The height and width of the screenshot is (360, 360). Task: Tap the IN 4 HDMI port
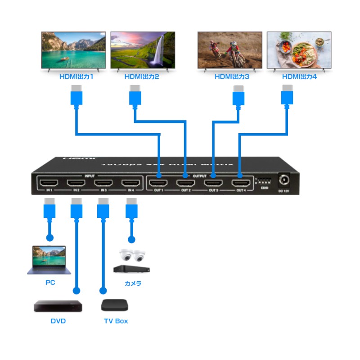[x=131, y=183]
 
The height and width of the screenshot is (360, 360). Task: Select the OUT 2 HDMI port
[x=185, y=183]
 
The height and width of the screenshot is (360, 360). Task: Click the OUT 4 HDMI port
[x=241, y=183]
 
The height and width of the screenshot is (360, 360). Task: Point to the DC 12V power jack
[x=284, y=181]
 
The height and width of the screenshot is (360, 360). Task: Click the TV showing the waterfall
[x=143, y=50]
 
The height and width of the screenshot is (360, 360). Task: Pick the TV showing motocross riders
[x=229, y=50]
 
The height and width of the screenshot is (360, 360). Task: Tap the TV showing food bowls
[x=299, y=50]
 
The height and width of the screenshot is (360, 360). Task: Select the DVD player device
[x=58, y=306]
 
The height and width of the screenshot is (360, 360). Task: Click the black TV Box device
[x=115, y=305]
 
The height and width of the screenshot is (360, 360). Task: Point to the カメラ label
[x=133, y=283]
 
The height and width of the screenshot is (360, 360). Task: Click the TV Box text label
[x=116, y=321]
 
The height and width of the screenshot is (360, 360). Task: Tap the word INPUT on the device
[x=90, y=175]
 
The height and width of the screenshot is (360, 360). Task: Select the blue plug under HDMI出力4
[x=287, y=96]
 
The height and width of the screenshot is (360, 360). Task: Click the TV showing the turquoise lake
[x=74, y=50]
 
